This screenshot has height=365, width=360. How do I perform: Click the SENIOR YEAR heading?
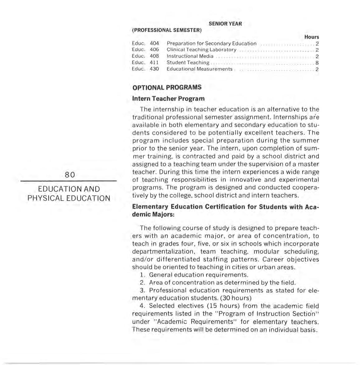[x=225, y=24]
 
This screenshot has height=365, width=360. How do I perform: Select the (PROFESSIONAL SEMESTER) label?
[x=167, y=30]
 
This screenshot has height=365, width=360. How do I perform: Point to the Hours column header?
[x=311, y=37]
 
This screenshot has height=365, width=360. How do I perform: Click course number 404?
[x=154, y=43]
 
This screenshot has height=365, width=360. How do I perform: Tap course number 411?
[x=154, y=62]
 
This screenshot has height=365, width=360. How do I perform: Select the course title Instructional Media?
[x=190, y=56]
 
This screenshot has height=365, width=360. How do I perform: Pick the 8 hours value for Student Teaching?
[x=317, y=63]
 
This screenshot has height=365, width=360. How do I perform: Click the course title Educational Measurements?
[x=199, y=69]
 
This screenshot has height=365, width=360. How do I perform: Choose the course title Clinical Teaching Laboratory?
[x=201, y=50]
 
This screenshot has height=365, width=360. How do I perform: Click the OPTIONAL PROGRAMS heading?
[x=167, y=87]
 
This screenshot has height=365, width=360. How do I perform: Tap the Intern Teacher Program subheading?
[x=168, y=98]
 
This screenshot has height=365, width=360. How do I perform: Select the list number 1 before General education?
[x=142, y=275]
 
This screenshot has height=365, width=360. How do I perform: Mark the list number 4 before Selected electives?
[x=142, y=306]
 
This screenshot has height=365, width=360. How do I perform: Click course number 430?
[x=154, y=69]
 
